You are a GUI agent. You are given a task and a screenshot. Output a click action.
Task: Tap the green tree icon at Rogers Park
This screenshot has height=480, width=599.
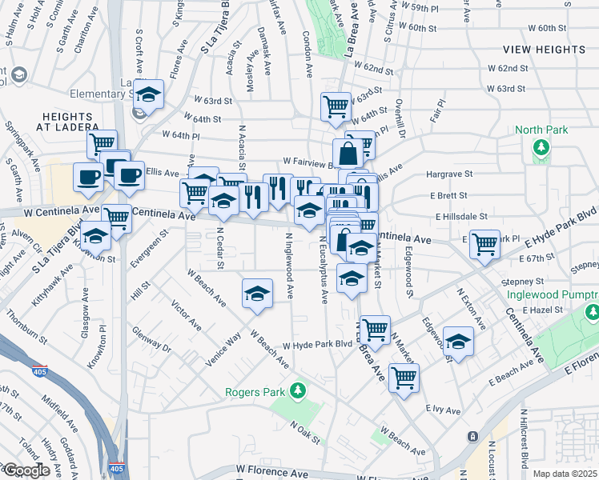point(298,390)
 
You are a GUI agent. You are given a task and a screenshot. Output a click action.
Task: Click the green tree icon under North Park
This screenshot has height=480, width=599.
point(542,147)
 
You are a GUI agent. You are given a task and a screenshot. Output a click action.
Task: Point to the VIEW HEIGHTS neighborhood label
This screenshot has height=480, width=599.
point(556,50)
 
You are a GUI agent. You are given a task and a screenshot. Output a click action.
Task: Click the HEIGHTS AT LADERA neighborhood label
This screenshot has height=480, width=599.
point(71,121)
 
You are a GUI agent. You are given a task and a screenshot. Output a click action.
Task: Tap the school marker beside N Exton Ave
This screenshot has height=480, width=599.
point(457,342)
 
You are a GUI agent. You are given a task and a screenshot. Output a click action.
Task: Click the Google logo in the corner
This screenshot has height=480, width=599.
point(26,470)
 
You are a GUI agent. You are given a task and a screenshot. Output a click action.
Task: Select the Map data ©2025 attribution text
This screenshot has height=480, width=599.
point(565,474)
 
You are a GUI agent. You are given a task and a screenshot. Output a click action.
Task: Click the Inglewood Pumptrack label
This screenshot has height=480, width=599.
point(553,294)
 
